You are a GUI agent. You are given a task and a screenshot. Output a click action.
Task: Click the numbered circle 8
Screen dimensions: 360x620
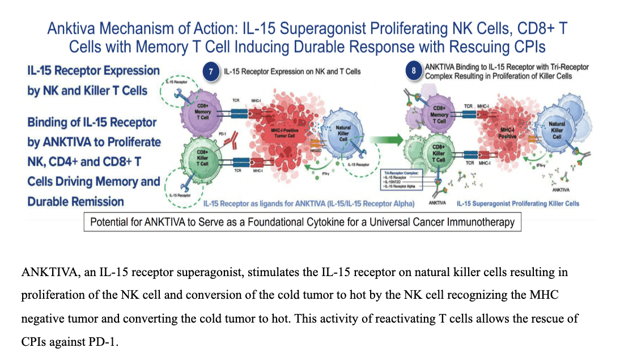click(414, 71)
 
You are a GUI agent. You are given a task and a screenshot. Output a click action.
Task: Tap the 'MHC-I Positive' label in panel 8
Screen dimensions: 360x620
click(507, 133)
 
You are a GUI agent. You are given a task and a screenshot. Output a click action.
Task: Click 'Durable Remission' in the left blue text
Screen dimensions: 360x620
click(75, 201)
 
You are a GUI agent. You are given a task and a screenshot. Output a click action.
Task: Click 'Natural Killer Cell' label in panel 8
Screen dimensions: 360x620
click(557, 130)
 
